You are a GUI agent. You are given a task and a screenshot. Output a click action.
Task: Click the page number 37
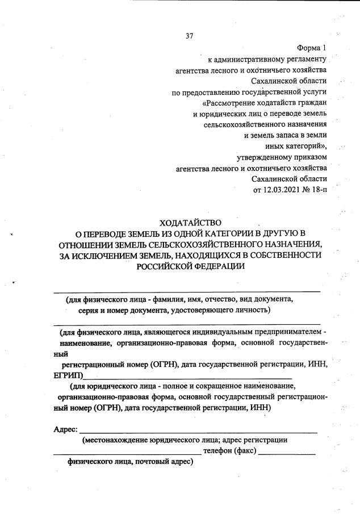click(190, 36)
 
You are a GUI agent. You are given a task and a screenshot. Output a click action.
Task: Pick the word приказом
click(306, 157)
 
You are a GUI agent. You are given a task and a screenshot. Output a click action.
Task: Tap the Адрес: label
click(65, 429)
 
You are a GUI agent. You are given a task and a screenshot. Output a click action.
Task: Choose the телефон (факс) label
click(229, 451)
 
